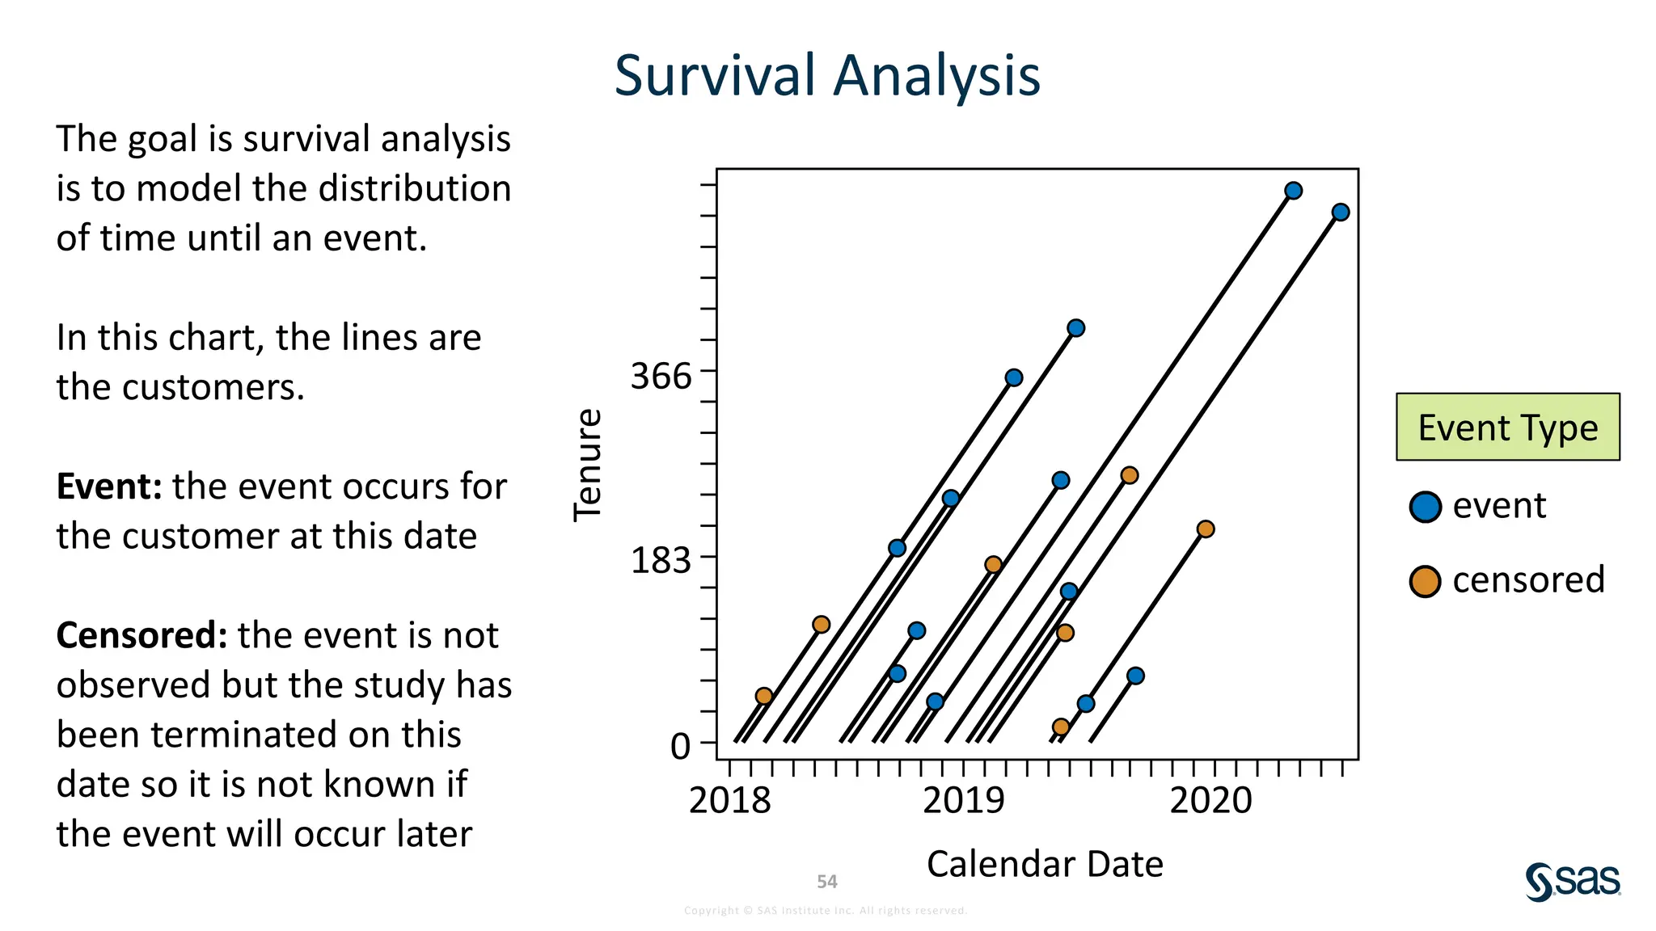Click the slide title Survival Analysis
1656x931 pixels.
point(826,75)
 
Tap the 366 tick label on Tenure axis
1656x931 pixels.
point(661,376)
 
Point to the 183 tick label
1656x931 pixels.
point(661,559)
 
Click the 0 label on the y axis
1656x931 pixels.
point(680,746)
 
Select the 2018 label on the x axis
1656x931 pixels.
point(729,800)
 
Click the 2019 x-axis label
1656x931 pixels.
point(963,800)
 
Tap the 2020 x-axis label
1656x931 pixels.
point(1210,800)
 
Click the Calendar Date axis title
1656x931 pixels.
point(1044,864)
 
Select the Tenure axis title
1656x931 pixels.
point(588,465)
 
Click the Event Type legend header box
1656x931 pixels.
point(1507,427)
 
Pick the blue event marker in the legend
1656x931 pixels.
point(1425,507)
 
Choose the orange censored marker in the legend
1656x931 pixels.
point(1425,581)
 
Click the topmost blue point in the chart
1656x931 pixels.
point(1293,191)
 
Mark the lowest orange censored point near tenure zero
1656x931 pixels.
point(1061,727)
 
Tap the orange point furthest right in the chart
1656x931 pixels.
point(1205,529)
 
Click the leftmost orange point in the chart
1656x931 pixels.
point(763,696)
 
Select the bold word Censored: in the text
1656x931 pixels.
point(142,635)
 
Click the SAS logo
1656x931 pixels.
point(1572,881)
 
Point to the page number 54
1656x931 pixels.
point(826,882)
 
